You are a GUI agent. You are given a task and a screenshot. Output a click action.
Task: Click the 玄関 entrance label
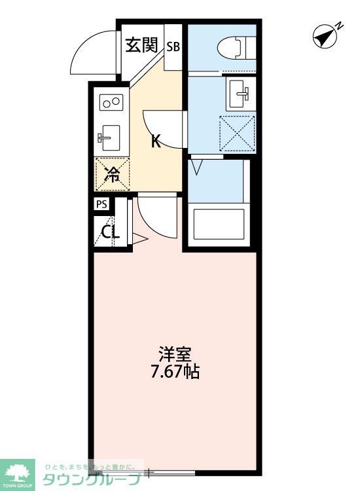pos(141,45)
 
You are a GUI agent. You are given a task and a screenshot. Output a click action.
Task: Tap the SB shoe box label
pos(173,46)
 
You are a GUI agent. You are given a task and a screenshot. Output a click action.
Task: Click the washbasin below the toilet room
pos(238,94)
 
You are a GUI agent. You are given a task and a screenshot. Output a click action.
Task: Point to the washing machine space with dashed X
pos(236,133)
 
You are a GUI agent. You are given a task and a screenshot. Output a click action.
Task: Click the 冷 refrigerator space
pos(112,173)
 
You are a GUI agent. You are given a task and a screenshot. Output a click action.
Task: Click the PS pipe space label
pos(101,204)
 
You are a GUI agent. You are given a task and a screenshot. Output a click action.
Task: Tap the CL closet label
pos(109,232)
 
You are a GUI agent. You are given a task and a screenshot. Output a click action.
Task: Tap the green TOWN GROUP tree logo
pos(20,472)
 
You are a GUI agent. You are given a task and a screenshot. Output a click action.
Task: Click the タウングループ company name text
pos(92,480)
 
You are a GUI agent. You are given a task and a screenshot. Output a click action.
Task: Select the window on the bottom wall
pos(171,471)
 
